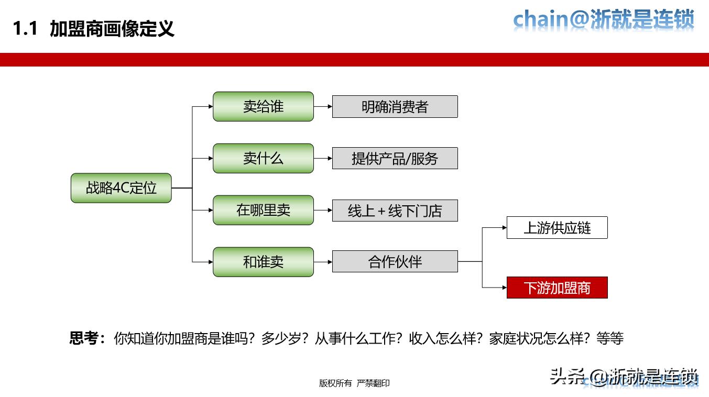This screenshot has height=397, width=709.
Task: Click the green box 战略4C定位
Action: [121, 188]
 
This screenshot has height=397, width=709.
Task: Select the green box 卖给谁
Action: [263, 106]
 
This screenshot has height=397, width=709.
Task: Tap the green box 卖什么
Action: [263, 158]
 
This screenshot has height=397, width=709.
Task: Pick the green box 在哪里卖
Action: [263, 210]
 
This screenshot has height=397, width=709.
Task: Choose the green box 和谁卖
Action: [263, 262]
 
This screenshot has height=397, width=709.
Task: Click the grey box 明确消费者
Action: [395, 107]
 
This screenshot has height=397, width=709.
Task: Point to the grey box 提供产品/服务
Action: [395, 158]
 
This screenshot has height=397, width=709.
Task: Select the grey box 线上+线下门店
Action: [395, 211]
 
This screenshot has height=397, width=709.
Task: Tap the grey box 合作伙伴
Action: [395, 261]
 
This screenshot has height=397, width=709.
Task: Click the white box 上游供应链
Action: [557, 228]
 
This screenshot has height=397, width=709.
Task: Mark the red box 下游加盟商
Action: [557, 288]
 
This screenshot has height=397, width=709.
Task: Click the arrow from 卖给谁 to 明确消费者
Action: [323, 106]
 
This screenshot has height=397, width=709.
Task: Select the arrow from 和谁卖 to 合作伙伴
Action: [323, 261]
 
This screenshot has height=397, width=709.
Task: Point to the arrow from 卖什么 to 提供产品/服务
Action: [323, 158]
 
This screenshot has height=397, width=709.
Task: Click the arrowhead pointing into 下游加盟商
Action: [503, 288]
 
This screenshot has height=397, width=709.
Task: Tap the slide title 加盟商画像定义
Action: [112, 29]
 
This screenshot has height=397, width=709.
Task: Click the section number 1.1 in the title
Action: [25, 29]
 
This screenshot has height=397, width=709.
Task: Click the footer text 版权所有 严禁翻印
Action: [354, 383]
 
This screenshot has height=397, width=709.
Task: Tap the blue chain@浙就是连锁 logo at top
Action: [603, 20]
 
